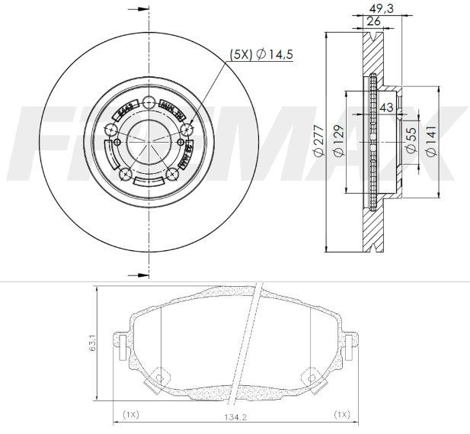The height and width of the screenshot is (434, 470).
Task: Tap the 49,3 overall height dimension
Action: (380, 8)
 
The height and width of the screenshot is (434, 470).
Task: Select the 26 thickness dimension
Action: (373, 21)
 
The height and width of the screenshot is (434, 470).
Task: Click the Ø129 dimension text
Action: (338, 141)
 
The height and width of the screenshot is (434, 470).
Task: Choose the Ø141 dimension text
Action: (430, 141)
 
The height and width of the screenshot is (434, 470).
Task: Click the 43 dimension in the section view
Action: (386, 108)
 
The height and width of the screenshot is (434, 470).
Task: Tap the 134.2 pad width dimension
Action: (235, 416)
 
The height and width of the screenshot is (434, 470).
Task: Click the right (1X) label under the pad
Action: (341, 414)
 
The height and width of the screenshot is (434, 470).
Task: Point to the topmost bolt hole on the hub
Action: (149, 103)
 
